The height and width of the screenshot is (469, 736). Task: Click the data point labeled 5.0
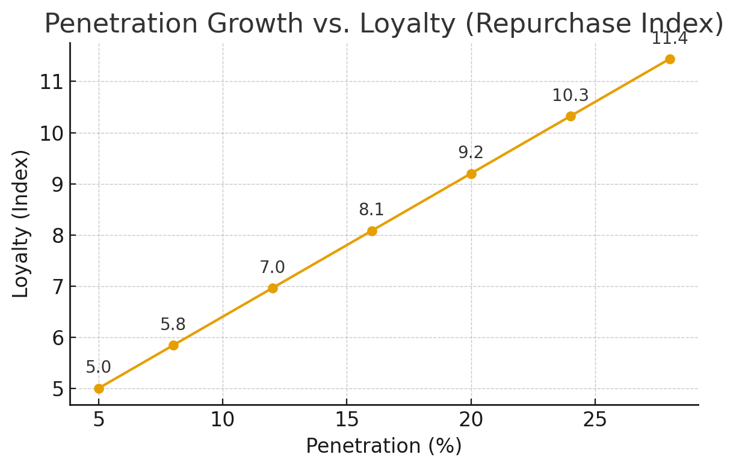[99, 388]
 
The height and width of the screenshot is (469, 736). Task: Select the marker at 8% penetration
[173, 345]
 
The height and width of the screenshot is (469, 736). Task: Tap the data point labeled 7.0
[273, 288]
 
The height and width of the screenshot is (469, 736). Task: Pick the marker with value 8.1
[372, 231]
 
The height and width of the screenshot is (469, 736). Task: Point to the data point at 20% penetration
[471, 174]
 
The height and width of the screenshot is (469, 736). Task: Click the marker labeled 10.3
[571, 116]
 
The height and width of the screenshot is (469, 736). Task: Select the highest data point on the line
[670, 59]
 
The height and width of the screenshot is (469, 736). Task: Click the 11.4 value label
[669, 39]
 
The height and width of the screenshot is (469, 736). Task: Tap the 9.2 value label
[471, 153]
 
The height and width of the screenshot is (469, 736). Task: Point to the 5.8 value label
[173, 325]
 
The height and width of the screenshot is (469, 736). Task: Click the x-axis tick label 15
[347, 420]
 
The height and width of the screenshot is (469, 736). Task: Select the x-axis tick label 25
[595, 420]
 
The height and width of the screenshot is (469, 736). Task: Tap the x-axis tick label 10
[223, 420]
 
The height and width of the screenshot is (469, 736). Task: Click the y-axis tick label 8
[57, 236]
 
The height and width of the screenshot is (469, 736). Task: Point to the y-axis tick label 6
[57, 338]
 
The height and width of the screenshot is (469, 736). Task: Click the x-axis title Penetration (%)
[384, 446]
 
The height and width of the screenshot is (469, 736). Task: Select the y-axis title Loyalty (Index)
[21, 224]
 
